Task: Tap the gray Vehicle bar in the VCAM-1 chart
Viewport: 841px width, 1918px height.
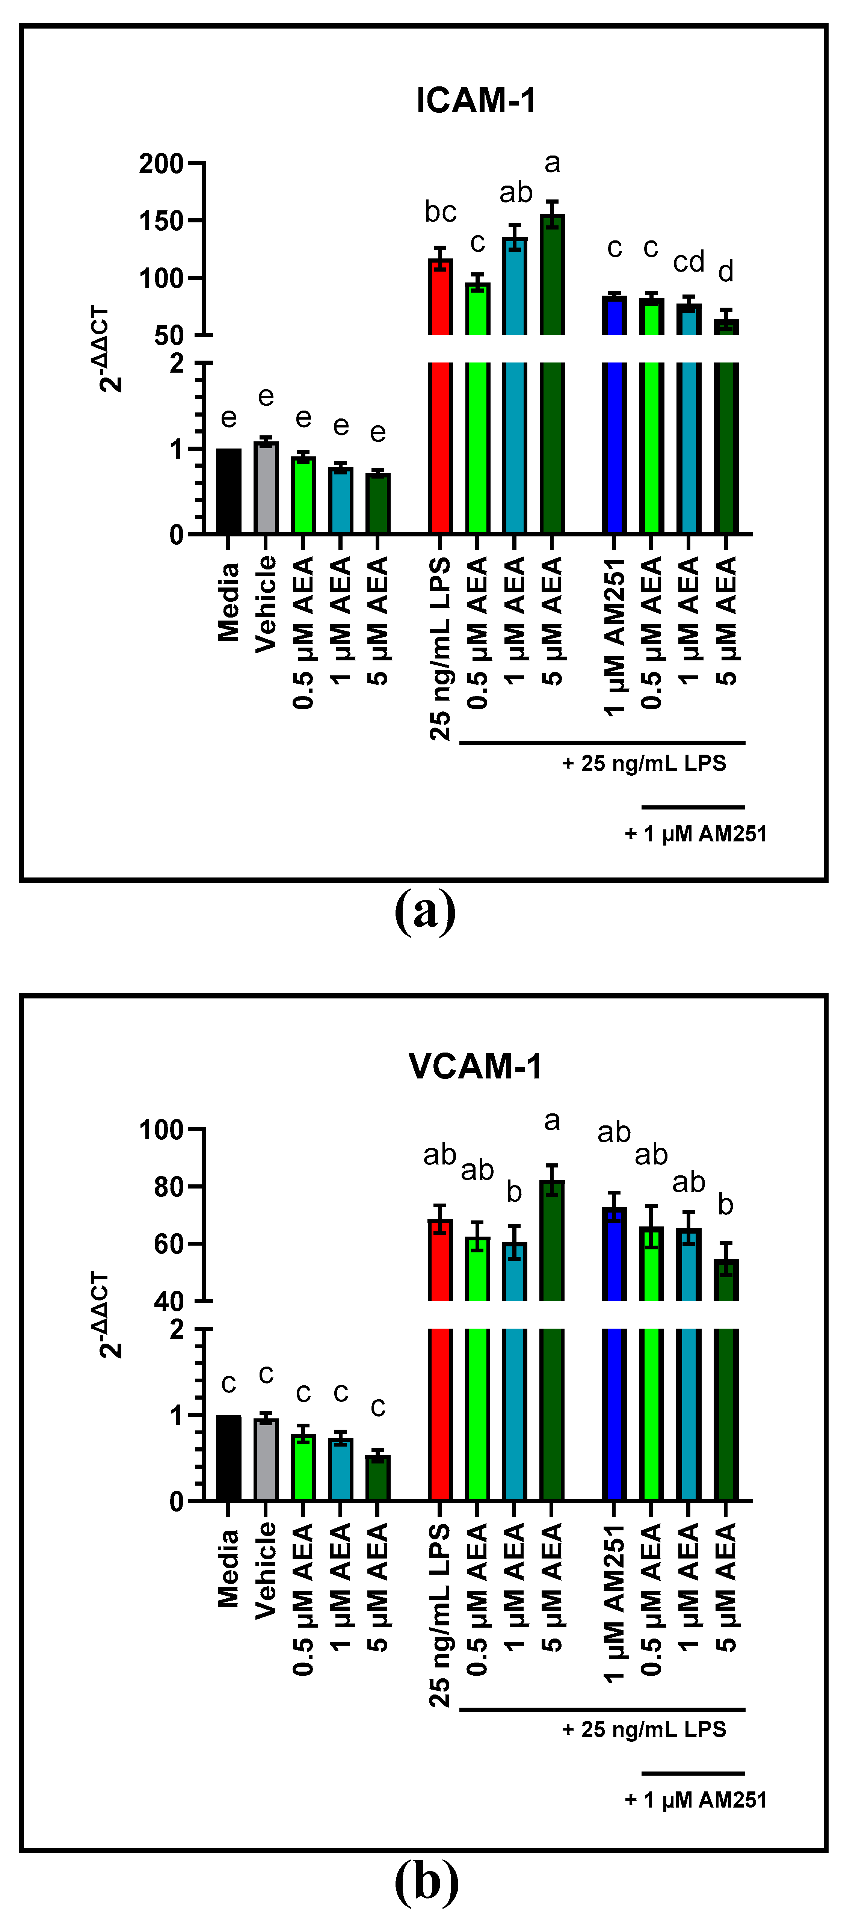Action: tap(266, 1459)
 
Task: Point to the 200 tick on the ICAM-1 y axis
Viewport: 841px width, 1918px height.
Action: tap(162, 164)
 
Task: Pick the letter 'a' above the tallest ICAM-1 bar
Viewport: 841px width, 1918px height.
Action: tap(551, 163)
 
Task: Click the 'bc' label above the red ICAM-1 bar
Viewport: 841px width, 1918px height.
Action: tap(440, 212)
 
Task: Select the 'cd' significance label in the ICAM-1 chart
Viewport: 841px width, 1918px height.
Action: tap(689, 262)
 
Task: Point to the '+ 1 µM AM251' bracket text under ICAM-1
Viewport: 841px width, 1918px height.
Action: tap(695, 834)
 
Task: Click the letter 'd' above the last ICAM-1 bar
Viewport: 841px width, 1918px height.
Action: tap(726, 272)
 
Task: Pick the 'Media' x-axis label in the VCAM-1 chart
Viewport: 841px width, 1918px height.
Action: tap(228, 1567)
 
